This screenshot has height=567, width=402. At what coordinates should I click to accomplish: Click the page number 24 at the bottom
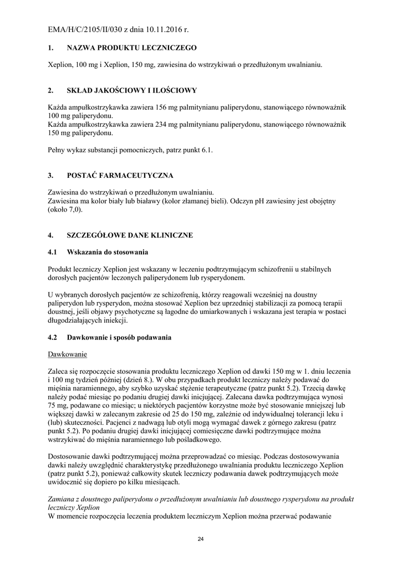[x=201, y=540]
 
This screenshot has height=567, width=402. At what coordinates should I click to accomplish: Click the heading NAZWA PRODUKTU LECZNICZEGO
[x=131, y=48]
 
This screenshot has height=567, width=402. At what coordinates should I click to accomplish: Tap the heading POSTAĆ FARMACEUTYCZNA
[x=120, y=176]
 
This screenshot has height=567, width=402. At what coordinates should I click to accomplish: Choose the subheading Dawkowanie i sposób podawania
[x=119, y=337]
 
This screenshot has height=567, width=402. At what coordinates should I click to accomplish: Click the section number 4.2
[x=53, y=337]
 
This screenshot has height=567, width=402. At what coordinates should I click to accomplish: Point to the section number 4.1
[x=53, y=252]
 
